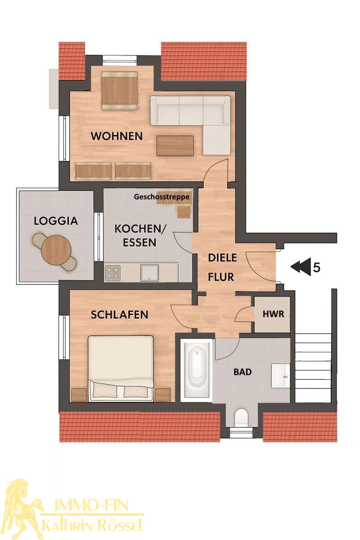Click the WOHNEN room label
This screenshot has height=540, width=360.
coord(117,136)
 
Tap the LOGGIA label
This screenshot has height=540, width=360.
coord(56,221)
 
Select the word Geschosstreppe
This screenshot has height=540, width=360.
coord(162,197)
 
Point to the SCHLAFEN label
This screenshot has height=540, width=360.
coord(119,315)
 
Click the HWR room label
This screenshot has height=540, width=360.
coord(273,314)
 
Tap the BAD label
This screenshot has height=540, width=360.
coord(243,372)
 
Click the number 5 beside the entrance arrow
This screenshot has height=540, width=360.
coord(317,267)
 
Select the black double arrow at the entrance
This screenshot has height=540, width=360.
coord(300,266)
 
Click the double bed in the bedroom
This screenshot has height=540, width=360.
coord(121,369)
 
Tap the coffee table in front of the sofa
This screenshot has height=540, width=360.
coord(175,146)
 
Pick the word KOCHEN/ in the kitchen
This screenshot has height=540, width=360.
coord(139,229)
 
